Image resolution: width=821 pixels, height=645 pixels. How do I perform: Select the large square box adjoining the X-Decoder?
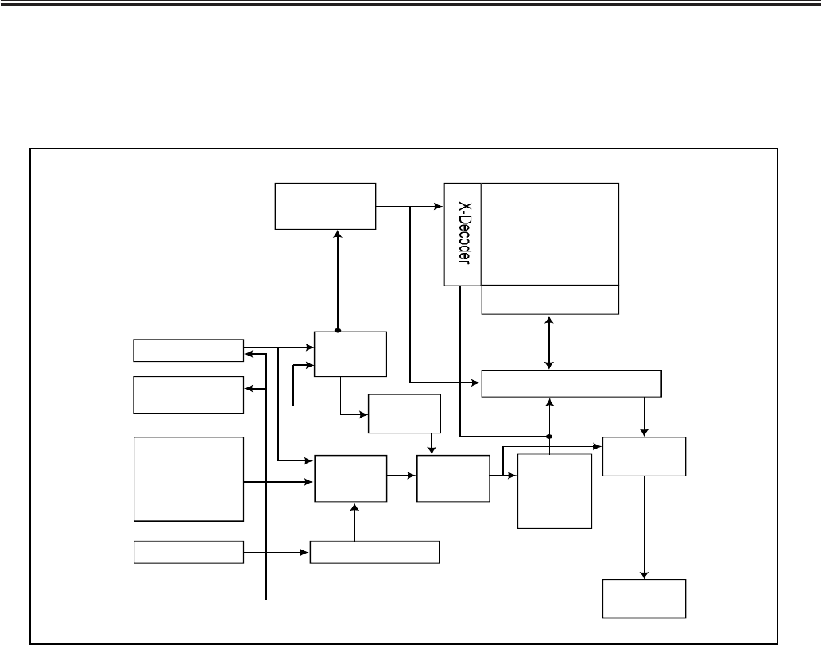[x=550, y=234]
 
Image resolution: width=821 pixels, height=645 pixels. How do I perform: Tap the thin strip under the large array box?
[x=550, y=300]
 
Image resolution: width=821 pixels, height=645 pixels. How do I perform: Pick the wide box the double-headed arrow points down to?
[x=571, y=383]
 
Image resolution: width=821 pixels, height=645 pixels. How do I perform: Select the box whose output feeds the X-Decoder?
[x=325, y=206]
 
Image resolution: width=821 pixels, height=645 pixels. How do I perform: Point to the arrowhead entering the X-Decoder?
[x=438, y=207]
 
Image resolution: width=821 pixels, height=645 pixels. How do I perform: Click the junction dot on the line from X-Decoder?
[x=549, y=436]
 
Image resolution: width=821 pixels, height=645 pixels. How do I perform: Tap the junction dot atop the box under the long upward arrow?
[x=338, y=331]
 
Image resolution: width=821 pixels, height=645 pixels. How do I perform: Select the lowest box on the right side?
[x=644, y=598]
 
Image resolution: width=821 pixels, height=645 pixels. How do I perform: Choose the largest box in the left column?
[x=188, y=478]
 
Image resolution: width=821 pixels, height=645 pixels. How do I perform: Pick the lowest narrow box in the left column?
[x=188, y=551]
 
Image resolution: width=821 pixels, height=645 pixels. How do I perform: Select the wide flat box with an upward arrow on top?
[x=374, y=551]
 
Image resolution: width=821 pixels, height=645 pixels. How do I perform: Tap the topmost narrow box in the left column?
[x=188, y=350]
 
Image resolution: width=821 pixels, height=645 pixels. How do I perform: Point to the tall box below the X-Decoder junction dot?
[x=554, y=491]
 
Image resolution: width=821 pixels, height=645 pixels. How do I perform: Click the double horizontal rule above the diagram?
[x=410, y=5]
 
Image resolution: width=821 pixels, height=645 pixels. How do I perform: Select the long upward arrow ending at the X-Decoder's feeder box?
[x=338, y=278]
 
